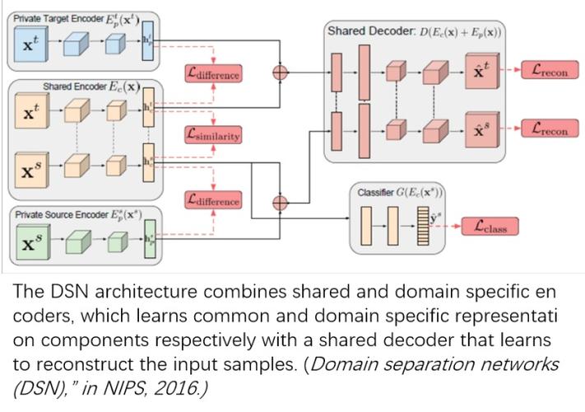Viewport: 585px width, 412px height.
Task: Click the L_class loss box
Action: click(x=491, y=226)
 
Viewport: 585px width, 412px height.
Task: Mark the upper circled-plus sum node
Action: click(x=281, y=72)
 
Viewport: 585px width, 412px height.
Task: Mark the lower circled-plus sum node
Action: click(x=281, y=199)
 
